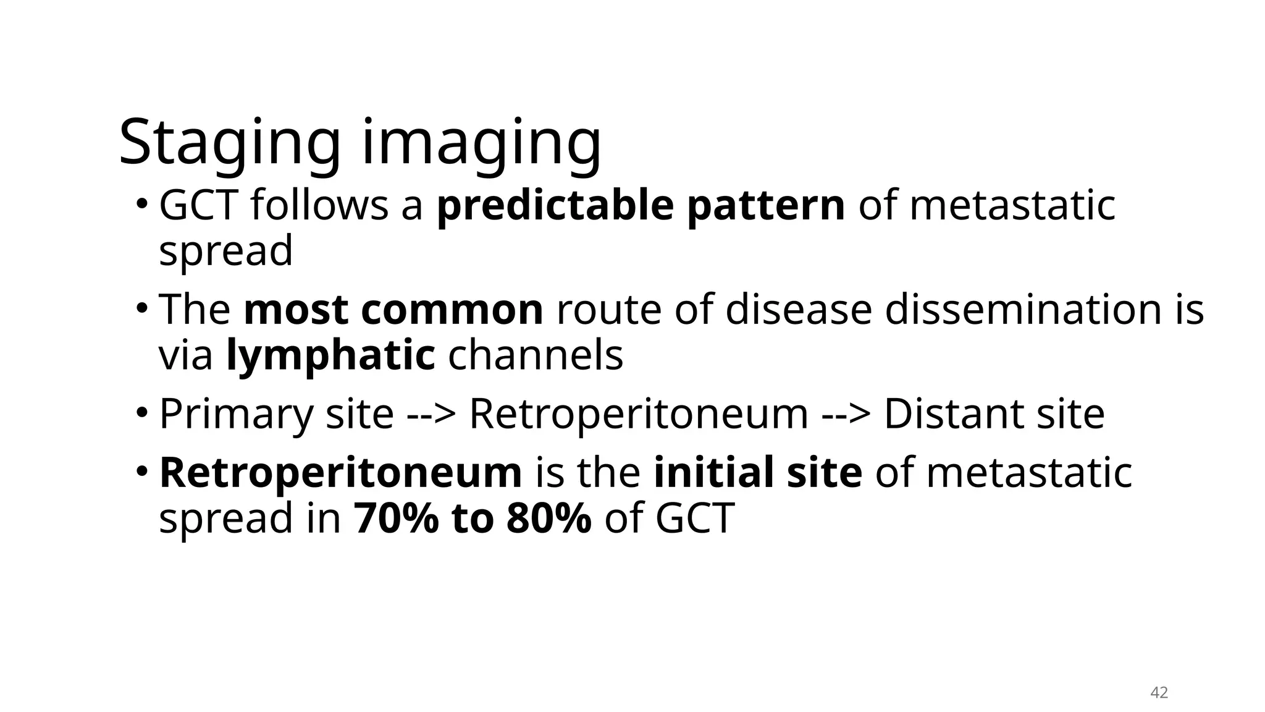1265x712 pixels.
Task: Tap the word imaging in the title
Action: click(x=481, y=143)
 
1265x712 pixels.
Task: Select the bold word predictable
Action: click(x=555, y=206)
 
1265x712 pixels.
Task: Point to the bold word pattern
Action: click(x=765, y=206)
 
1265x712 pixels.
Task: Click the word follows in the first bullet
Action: click(x=319, y=206)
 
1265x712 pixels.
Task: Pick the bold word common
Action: click(x=452, y=310)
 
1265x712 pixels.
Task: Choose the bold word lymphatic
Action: click(x=330, y=355)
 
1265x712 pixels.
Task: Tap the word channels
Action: click(x=536, y=355)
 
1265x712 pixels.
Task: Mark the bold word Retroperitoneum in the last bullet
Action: click(x=340, y=473)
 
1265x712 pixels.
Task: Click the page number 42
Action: click(x=1159, y=693)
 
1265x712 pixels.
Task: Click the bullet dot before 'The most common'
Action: click(x=142, y=306)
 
